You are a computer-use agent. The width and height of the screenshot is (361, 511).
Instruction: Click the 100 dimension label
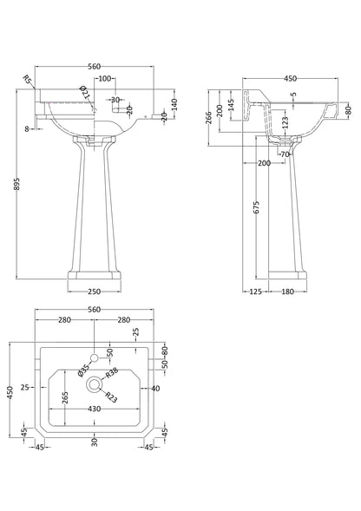tap(105, 79)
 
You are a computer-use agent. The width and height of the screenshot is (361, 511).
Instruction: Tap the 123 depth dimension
tap(285, 124)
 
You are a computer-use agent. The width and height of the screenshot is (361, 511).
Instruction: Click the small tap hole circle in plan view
tap(94, 357)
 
